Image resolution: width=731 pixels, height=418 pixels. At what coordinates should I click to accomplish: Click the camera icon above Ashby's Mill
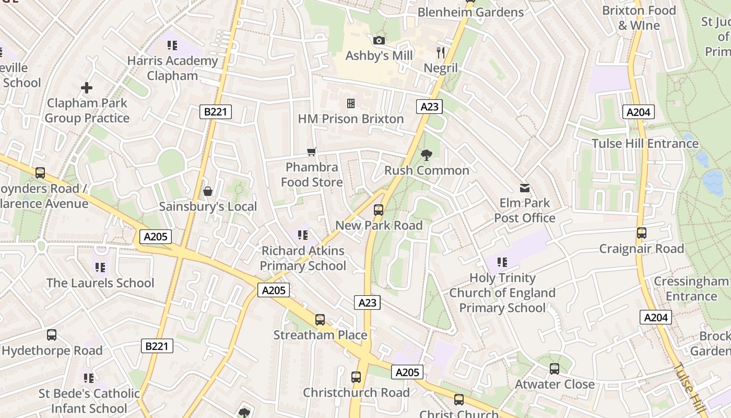pos(379,40)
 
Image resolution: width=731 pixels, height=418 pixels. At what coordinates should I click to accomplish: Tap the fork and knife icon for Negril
pos(441,52)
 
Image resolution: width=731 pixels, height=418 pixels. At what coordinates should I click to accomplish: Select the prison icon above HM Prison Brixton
pos(351,103)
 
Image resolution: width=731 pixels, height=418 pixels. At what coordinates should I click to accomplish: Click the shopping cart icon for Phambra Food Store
pos(312,152)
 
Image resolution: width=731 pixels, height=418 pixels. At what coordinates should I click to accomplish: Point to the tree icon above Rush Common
pos(427,155)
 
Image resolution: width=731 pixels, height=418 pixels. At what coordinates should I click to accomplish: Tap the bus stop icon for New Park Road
pos(379,210)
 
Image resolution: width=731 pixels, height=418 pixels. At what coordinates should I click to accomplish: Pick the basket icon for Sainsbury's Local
pos(208,191)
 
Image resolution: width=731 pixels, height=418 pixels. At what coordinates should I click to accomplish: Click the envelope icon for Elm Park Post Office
pos(525,188)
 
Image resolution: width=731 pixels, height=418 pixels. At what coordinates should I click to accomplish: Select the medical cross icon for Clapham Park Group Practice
pos(87,88)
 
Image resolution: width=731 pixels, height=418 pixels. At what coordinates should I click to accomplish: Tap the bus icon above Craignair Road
pos(642,233)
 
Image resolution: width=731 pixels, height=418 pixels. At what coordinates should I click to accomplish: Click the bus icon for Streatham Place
pos(320,320)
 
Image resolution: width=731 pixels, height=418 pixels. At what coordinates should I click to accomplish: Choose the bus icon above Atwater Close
pos(555,369)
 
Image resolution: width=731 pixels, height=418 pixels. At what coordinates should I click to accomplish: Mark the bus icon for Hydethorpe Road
pos(52,335)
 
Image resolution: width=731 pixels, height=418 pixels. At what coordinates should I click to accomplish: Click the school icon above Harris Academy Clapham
pos(172,45)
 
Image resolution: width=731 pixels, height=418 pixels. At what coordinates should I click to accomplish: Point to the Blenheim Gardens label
pos(470,12)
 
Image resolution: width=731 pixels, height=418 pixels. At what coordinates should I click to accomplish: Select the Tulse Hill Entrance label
pos(645,143)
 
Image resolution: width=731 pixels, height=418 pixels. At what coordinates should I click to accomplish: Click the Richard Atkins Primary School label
pos(303,258)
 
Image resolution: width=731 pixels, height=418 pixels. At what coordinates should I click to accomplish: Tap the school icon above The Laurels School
pos(100,268)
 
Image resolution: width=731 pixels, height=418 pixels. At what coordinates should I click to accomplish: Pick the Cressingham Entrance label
pos(691,288)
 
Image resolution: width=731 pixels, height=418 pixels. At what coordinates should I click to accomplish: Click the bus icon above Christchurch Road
pos(356,377)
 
